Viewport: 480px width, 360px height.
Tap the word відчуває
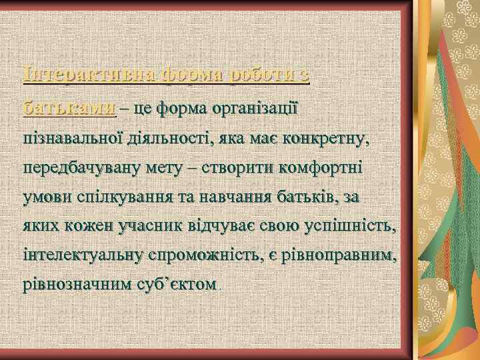235,227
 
